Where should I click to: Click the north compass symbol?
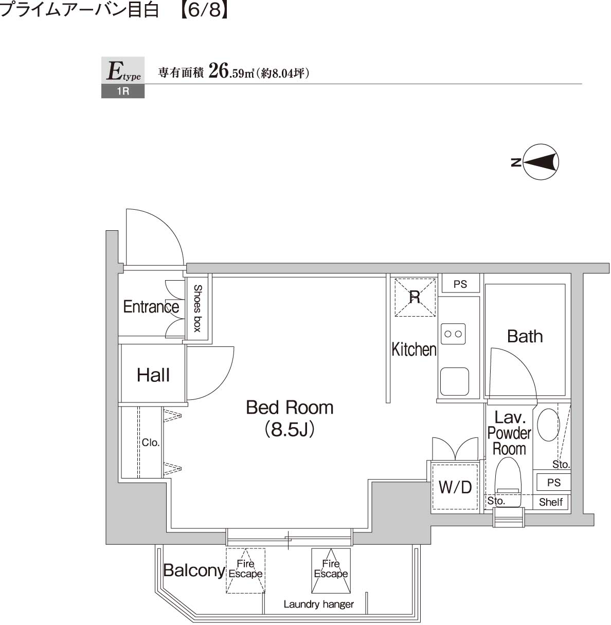click(541, 162)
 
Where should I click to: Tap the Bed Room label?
click(290, 408)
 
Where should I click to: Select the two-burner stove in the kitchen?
click(453, 334)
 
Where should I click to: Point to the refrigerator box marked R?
click(415, 297)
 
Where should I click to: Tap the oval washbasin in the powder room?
click(548, 425)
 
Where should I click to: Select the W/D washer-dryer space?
click(455, 487)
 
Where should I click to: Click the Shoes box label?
click(197, 308)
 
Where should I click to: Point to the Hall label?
click(153, 375)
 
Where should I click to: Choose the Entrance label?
click(151, 307)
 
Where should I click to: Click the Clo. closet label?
click(151, 443)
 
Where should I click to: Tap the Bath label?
click(525, 336)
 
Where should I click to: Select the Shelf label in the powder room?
click(551, 502)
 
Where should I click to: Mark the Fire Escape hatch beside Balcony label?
click(245, 570)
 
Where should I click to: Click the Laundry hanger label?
click(318, 604)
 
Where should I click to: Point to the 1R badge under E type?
click(123, 92)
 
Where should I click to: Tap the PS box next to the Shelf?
click(553, 483)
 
